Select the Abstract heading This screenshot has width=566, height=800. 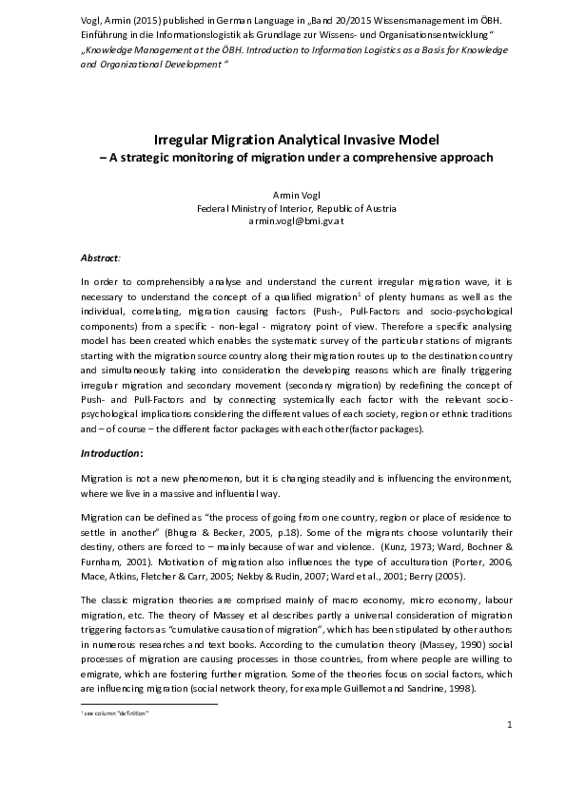click(x=101, y=257)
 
